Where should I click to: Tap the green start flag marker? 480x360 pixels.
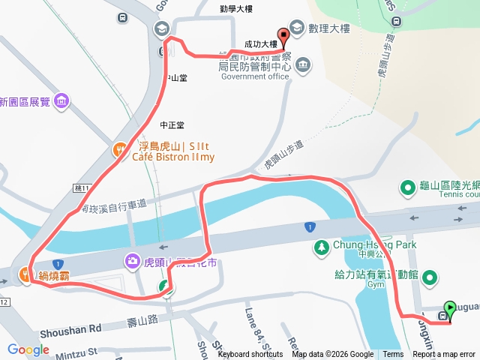tap(450, 308)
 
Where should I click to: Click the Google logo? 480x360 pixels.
tap(28, 349)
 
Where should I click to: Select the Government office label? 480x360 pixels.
tap(255, 76)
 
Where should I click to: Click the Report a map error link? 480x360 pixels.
tap(444, 355)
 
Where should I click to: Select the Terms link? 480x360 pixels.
tap(393, 355)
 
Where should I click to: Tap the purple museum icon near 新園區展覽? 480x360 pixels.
tap(61, 100)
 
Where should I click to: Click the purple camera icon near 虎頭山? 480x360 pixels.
tap(132, 260)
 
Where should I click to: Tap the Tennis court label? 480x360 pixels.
tap(458, 195)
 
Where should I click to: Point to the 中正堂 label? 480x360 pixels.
tap(172, 125)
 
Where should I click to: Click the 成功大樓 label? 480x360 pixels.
tap(260, 45)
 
